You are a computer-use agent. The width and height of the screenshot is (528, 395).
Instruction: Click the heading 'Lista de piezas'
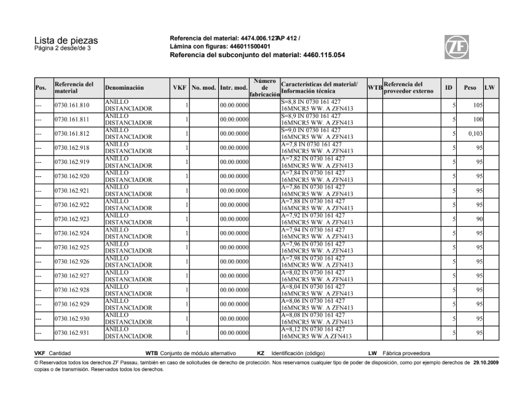click(x=66, y=41)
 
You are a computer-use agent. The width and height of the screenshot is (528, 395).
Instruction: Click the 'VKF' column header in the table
click(x=179, y=88)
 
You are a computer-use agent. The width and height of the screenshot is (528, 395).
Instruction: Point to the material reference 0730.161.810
click(x=72, y=105)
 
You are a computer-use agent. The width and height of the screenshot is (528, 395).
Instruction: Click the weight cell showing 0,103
click(x=473, y=133)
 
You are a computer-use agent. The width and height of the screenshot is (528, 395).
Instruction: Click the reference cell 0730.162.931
click(x=72, y=332)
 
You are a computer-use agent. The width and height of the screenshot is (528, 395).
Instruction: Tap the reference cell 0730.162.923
click(x=72, y=219)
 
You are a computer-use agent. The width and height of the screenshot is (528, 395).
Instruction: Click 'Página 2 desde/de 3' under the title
click(x=62, y=49)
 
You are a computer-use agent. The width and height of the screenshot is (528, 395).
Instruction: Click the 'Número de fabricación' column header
click(x=265, y=88)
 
